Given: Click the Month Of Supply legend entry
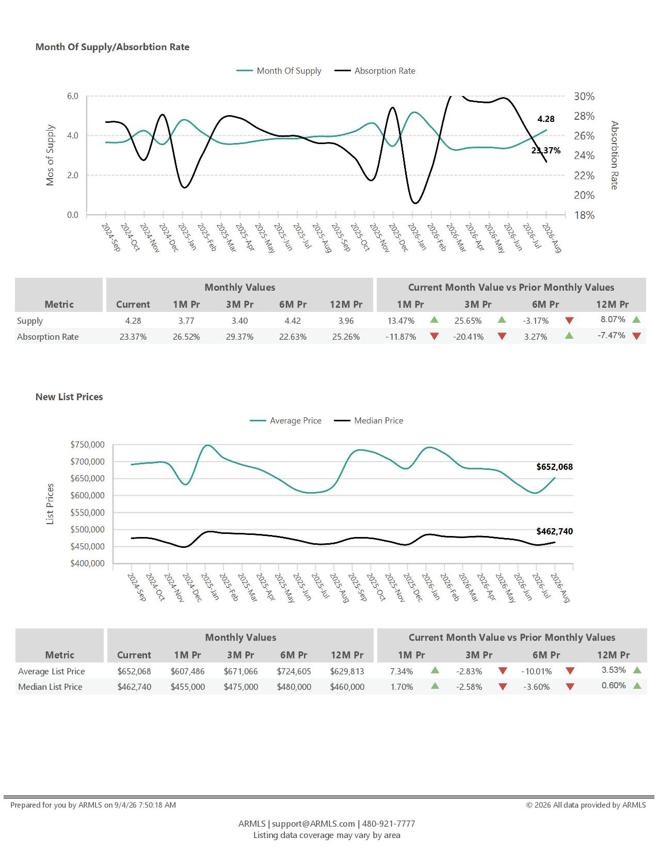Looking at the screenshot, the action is tap(279, 71).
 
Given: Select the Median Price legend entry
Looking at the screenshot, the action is tap(368, 421).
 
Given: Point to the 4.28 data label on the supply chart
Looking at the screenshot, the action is tap(545, 119).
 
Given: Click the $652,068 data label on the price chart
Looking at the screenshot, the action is tap(554, 467).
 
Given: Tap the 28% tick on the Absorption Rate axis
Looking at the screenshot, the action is tap(584, 116).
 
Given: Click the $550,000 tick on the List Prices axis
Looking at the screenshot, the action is tap(87, 512).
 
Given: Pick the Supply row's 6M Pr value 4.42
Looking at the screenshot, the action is tap(292, 321).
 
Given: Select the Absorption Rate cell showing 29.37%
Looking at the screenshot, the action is tap(239, 337).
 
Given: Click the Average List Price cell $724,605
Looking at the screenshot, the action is tap(294, 671).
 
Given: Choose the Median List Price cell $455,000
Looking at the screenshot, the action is tap(187, 687).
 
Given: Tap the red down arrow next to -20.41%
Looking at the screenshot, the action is tap(502, 336).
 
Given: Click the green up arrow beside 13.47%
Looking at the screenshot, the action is tap(434, 320).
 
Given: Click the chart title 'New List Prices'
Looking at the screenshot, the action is tap(69, 397).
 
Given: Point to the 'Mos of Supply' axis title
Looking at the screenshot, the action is tap(50, 155).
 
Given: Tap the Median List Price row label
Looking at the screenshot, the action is tap(50, 687).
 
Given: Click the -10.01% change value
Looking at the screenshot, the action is tap(536, 671).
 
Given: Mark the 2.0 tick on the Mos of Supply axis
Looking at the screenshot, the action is tap(72, 175).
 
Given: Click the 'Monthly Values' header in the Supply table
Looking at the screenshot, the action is tap(240, 288).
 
